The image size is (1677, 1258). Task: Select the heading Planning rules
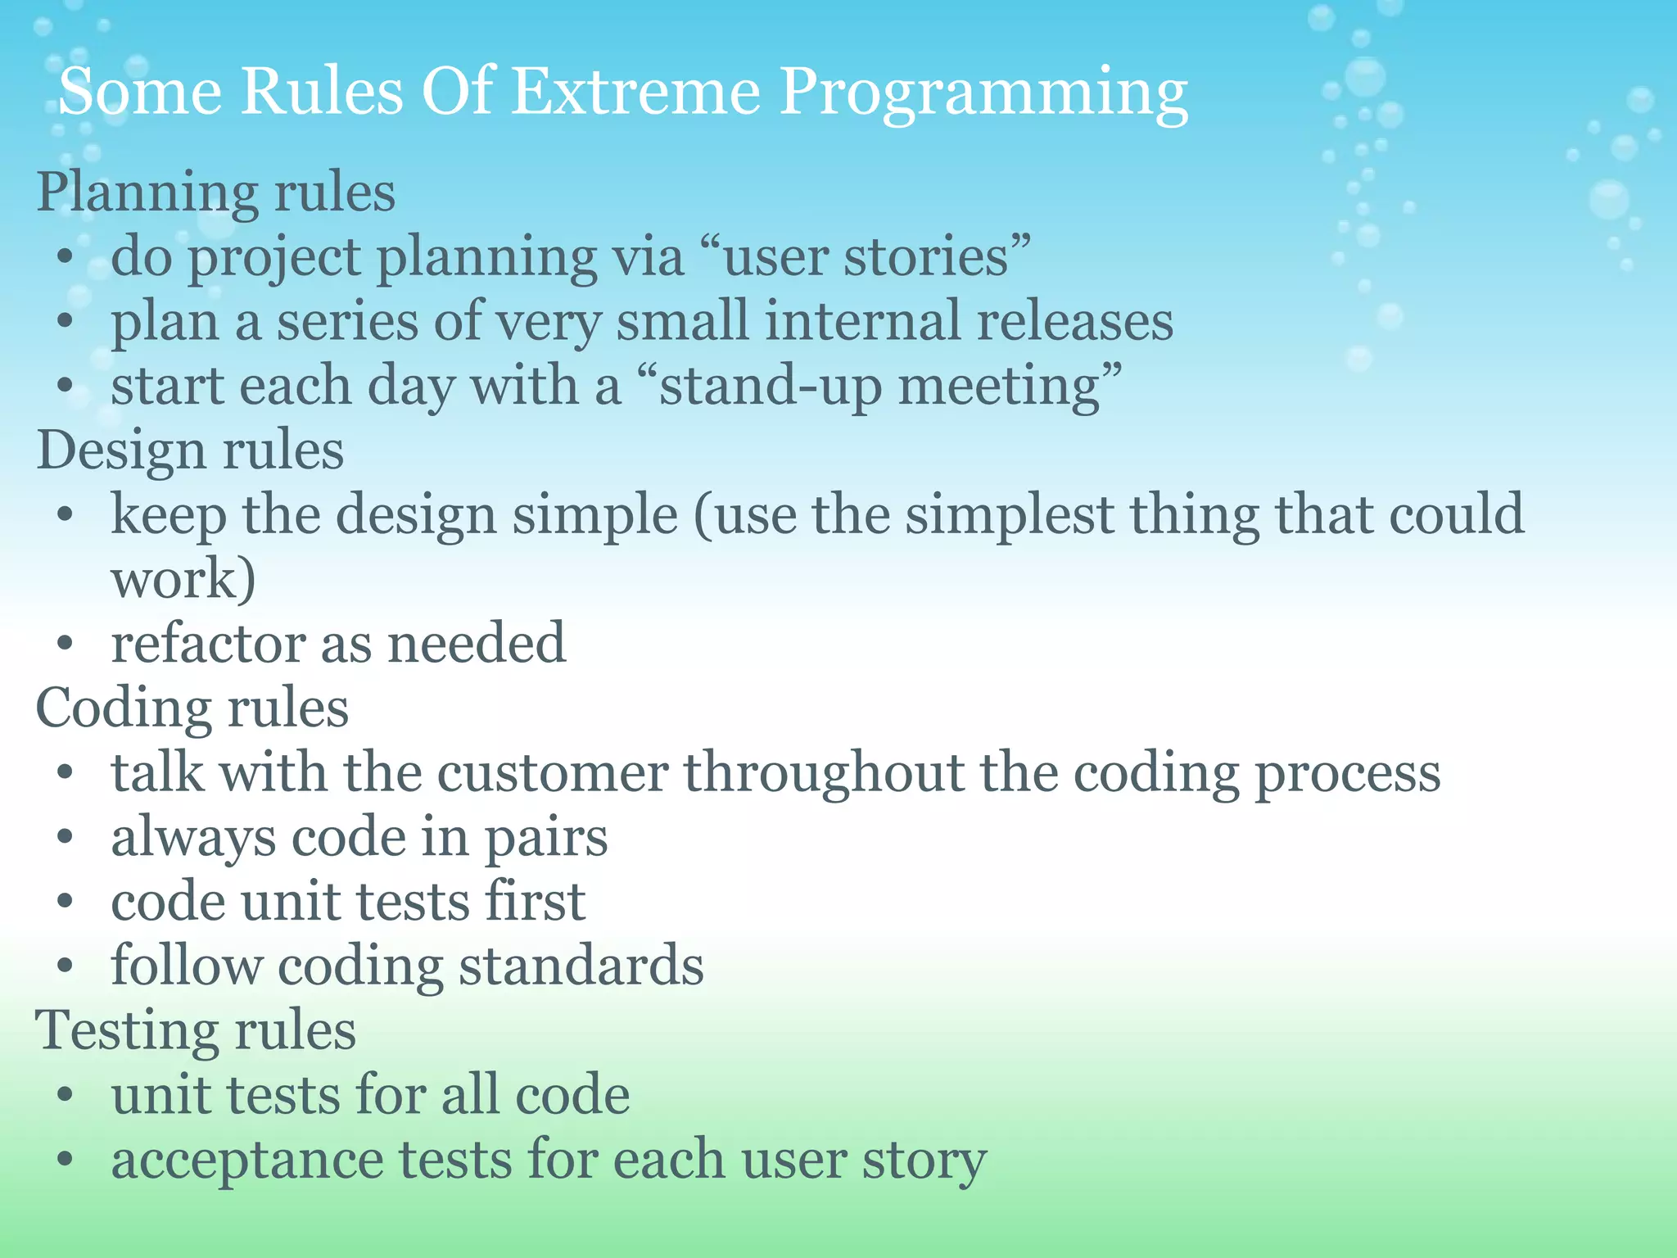click(216, 192)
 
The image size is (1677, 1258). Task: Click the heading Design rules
click(190, 450)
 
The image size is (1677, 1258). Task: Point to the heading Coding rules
click(192, 708)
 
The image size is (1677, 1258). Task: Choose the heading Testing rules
click(196, 1030)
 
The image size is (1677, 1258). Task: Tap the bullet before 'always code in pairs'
click(66, 838)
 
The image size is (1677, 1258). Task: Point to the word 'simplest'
click(1009, 515)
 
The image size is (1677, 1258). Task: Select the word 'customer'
click(553, 773)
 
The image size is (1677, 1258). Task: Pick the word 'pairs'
click(546, 838)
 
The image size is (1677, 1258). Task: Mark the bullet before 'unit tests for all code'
click(66, 1096)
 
